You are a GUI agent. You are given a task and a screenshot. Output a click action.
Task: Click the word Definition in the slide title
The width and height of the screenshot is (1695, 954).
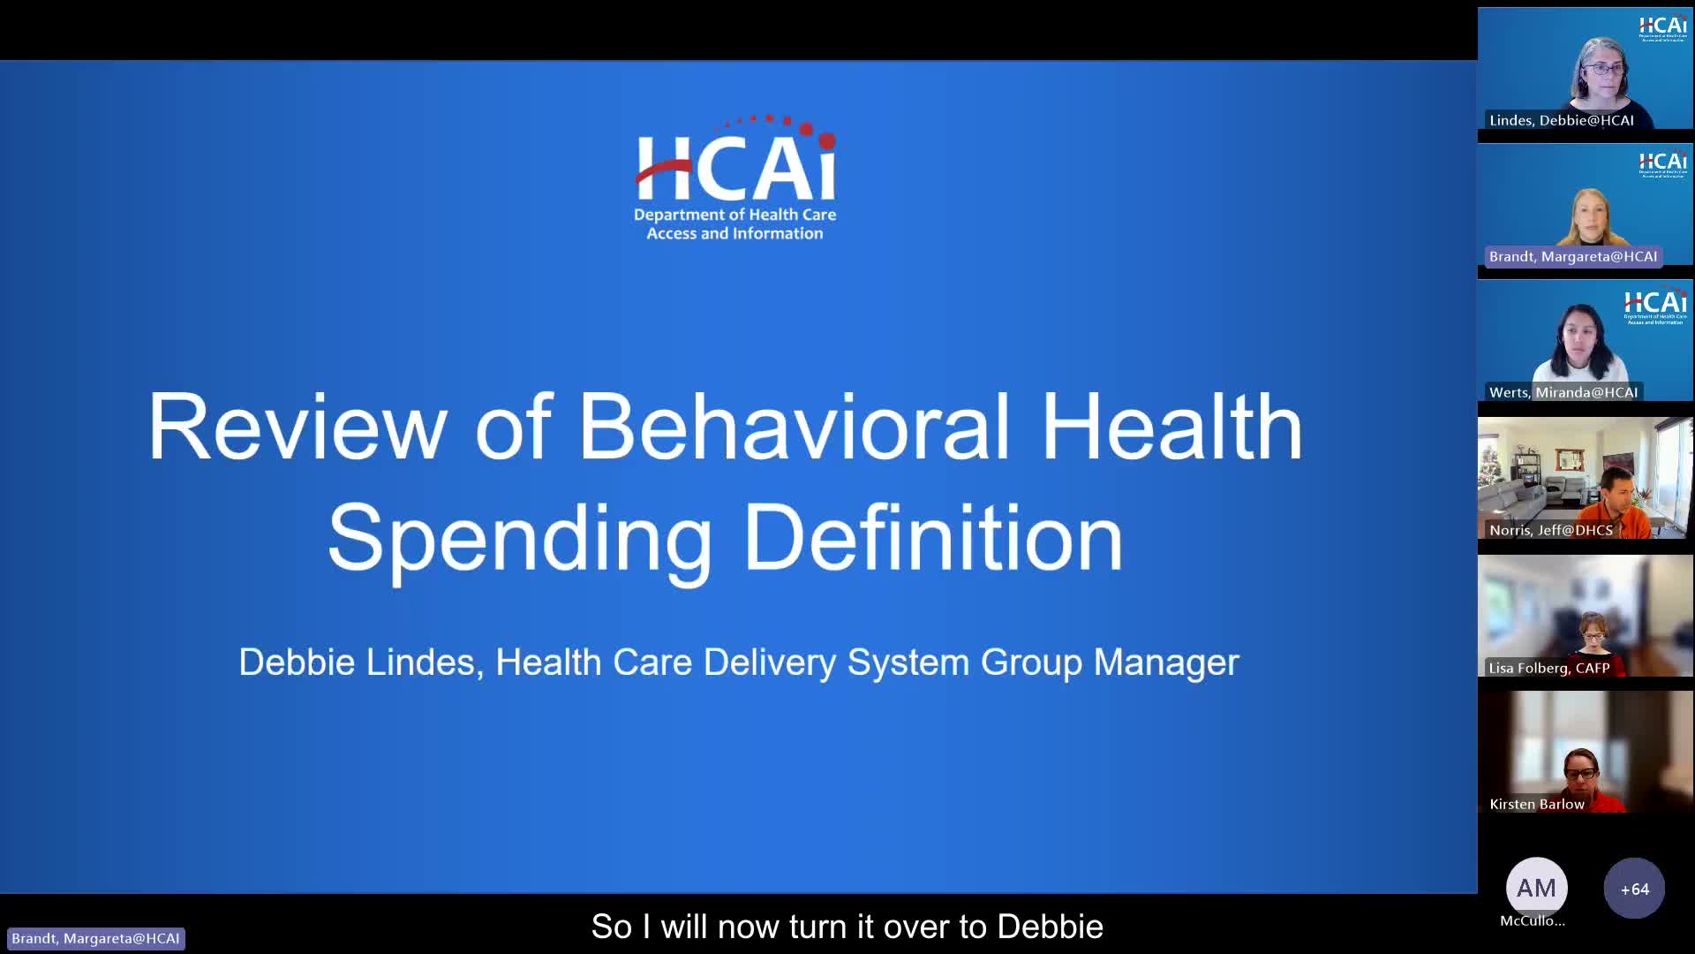933,538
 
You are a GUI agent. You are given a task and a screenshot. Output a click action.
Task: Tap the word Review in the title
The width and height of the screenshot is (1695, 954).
298,427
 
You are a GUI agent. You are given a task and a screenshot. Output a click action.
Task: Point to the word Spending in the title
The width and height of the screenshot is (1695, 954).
520,538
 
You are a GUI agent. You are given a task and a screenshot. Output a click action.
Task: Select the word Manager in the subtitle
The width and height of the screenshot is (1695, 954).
1165,662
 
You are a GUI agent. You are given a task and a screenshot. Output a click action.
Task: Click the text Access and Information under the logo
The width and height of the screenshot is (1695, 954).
734,234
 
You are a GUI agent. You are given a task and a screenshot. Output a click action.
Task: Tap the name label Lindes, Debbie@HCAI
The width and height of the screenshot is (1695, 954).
1561,121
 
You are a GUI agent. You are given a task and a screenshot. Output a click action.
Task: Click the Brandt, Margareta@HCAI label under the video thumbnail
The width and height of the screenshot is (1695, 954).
1572,257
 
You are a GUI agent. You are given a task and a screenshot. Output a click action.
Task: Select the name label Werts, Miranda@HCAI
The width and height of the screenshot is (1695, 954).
1563,393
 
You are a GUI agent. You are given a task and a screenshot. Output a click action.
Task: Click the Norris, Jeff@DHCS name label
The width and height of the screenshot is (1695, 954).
1550,531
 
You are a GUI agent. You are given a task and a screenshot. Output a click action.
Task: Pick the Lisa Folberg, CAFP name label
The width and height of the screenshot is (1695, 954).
1548,669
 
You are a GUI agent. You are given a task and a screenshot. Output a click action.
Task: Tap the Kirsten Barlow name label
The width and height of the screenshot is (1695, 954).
1536,805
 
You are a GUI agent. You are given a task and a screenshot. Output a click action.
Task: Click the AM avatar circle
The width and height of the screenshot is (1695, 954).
1536,888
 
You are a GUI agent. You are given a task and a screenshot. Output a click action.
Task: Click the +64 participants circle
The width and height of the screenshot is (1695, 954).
1634,889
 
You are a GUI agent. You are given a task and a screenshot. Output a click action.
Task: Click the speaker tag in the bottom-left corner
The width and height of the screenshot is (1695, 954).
95,938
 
